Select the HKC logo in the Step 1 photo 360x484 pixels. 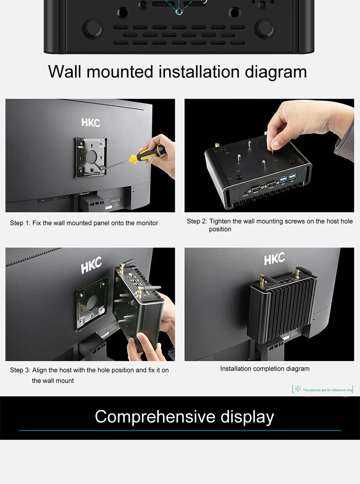tap(91, 123)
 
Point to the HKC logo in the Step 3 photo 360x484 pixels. tap(91, 265)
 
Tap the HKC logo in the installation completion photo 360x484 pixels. tap(274, 259)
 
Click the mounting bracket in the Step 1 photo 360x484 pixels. tap(91, 157)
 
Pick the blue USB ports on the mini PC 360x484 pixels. tap(288, 177)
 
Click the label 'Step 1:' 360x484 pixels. tap(20, 223)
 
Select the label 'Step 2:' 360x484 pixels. tap(197, 221)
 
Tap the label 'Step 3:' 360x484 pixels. tap(20, 370)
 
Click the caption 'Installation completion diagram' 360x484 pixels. tap(265, 369)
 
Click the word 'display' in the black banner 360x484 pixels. tap(247, 417)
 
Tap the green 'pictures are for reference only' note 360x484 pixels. tap(323, 389)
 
